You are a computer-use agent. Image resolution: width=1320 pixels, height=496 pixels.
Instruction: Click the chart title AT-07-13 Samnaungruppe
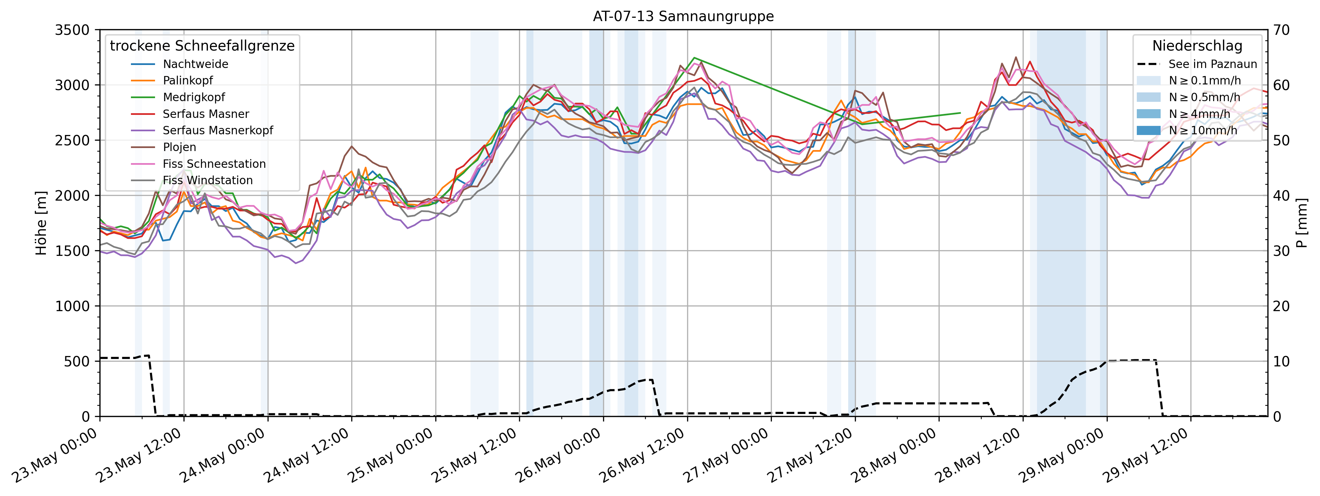[683, 16]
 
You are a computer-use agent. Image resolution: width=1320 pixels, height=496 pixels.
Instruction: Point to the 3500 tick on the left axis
[72, 30]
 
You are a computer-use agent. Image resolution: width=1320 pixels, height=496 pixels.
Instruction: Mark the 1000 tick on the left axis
[72, 306]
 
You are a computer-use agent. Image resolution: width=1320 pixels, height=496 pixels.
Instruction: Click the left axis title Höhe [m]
[41, 223]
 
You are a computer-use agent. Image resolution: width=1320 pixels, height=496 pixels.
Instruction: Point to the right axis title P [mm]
[1302, 223]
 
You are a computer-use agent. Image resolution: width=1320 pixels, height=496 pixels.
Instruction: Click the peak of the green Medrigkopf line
[694, 58]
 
